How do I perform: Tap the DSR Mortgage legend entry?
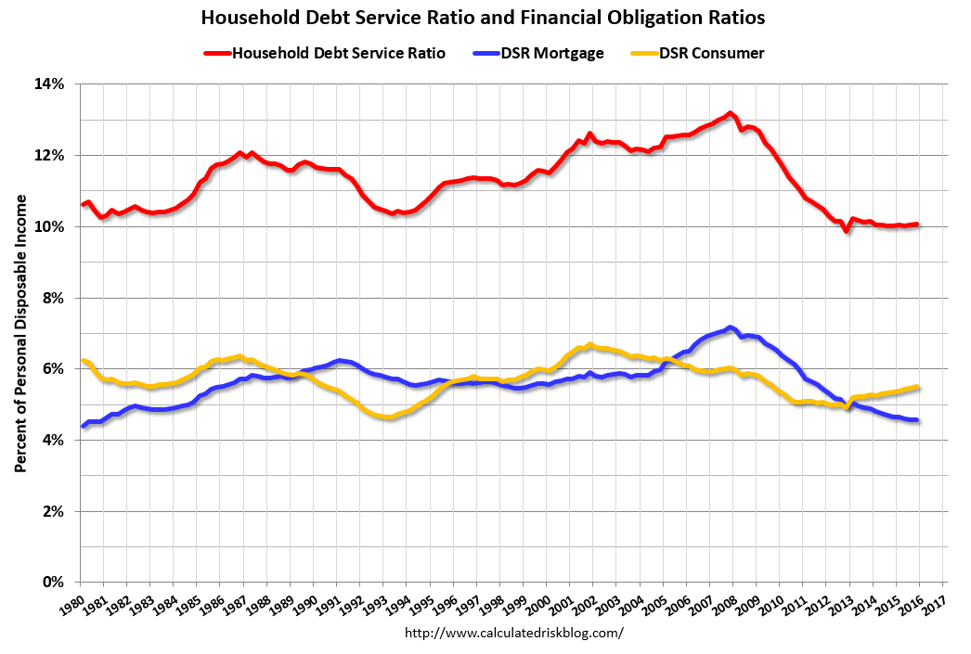click(x=552, y=53)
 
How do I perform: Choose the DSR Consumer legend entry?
click(x=711, y=53)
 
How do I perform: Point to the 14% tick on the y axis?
click(x=51, y=83)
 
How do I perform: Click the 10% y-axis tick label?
click(x=51, y=226)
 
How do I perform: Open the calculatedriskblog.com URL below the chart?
click(x=515, y=633)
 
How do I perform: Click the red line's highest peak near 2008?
click(x=730, y=113)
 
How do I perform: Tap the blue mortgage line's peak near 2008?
click(x=730, y=327)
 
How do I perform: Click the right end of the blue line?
click(x=917, y=420)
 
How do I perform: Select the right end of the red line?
click(x=917, y=224)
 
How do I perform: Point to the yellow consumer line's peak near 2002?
click(x=589, y=344)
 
